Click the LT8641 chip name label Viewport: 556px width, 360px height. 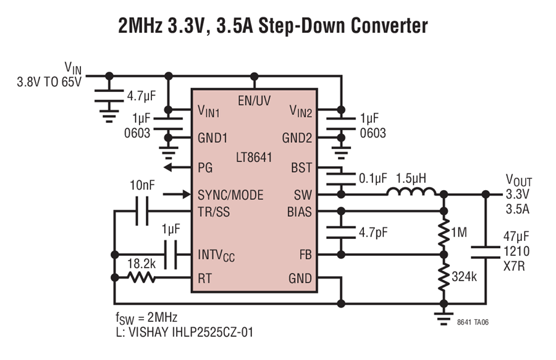coord(254,157)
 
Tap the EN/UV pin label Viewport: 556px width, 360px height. coord(255,101)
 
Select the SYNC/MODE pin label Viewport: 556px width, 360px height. coord(230,195)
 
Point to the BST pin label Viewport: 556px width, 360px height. coord(301,167)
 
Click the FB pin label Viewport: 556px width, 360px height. coord(305,254)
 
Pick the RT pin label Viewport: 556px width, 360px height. coord(204,278)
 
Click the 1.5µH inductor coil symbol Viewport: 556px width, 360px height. coord(411,191)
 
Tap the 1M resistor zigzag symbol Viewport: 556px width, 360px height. coord(444,233)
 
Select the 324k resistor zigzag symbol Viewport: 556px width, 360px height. coord(444,277)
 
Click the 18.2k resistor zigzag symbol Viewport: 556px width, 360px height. coord(141,277)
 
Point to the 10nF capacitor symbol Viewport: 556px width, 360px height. coord(142,211)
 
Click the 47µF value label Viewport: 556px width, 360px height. coord(516,237)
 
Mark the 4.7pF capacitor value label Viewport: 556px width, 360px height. coord(373,233)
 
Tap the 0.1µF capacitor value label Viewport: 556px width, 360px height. coord(373,178)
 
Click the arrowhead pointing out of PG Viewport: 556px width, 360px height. coord(167,167)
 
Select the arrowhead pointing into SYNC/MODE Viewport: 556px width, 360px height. coord(187,194)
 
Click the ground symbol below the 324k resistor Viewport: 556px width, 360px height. coord(444,319)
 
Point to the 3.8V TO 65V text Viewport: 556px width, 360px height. coord(49,82)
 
